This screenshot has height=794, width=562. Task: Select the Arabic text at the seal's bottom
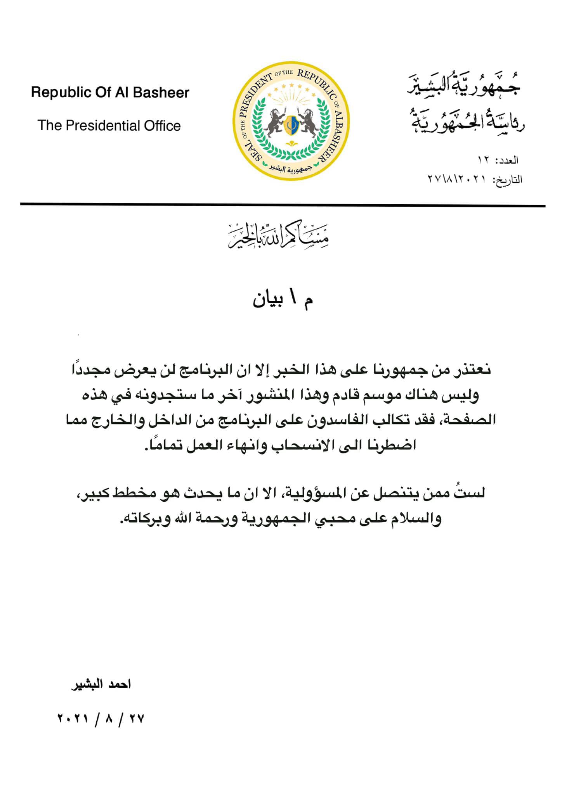(291, 169)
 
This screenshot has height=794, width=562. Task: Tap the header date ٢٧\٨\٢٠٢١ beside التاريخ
(457, 180)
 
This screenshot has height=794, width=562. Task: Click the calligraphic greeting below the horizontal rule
(279, 235)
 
